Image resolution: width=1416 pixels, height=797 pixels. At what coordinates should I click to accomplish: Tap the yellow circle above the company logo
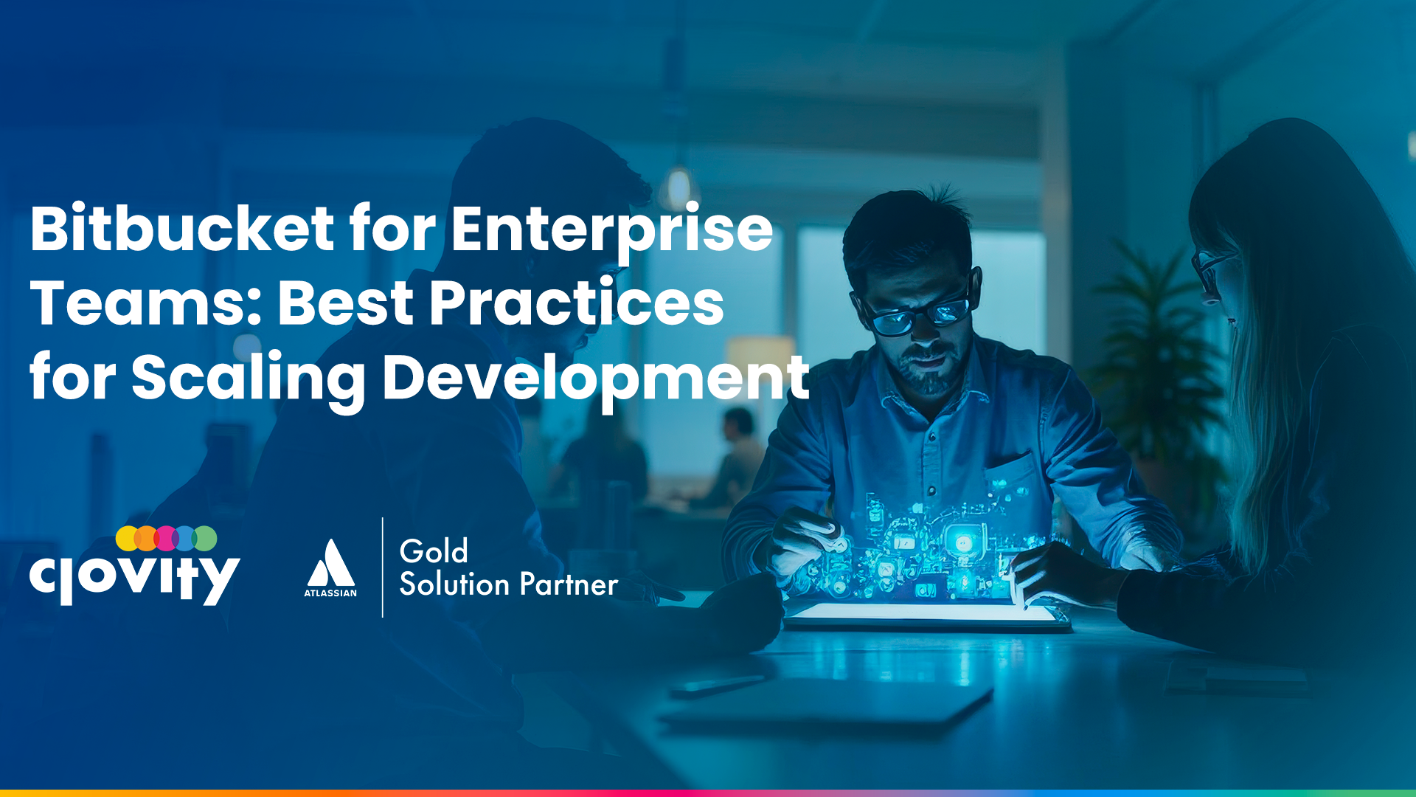pos(127,539)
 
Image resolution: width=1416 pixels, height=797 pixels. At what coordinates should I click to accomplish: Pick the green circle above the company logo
pos(206,539)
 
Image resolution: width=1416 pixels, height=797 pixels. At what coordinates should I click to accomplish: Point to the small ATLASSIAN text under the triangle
pos(330,593)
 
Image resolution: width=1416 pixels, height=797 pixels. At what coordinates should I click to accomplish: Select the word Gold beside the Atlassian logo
pos(434,551)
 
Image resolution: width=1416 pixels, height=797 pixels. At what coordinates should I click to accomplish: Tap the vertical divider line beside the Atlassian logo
pos(383,567)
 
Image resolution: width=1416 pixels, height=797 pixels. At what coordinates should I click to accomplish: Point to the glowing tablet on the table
pos(926,615)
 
